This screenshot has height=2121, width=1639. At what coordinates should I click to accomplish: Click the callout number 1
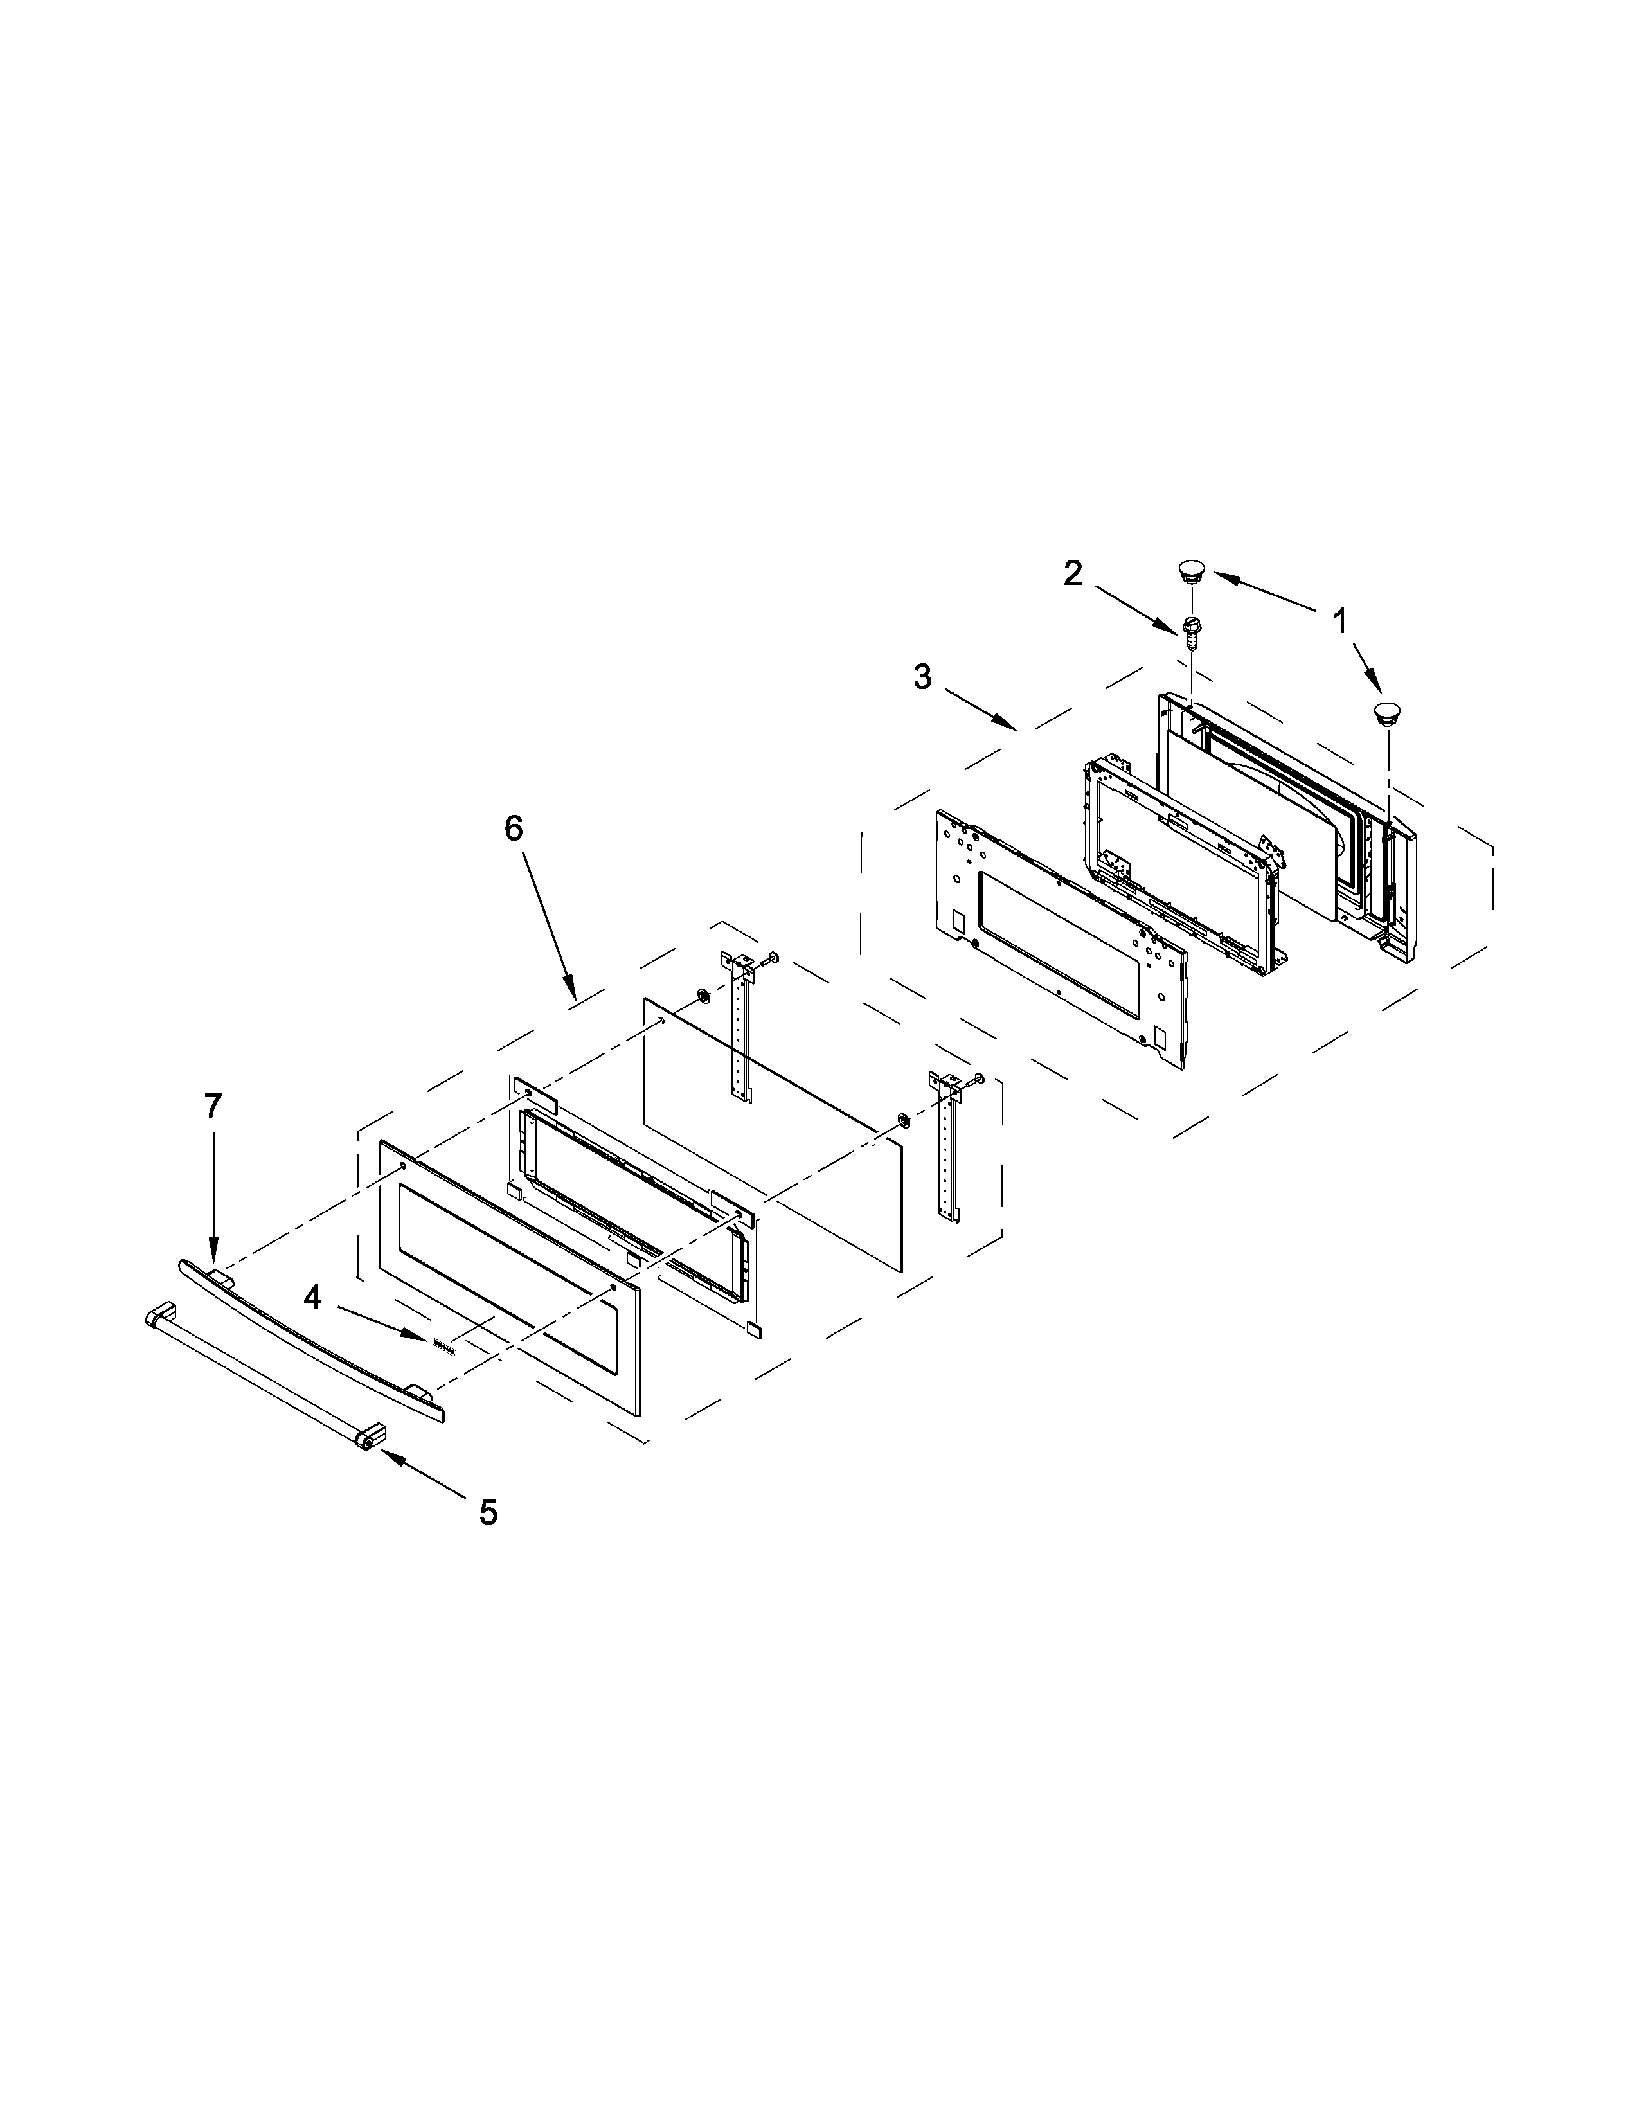point(1340,622)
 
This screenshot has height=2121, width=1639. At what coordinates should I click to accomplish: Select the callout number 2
point(1072,574)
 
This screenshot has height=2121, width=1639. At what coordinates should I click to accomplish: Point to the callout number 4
point(312,1296)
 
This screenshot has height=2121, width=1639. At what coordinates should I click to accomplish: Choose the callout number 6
point(513,828)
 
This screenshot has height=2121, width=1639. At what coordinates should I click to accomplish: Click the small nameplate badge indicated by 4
point(443,1343)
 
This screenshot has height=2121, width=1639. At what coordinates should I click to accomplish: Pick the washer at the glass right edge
point(904,1122)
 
